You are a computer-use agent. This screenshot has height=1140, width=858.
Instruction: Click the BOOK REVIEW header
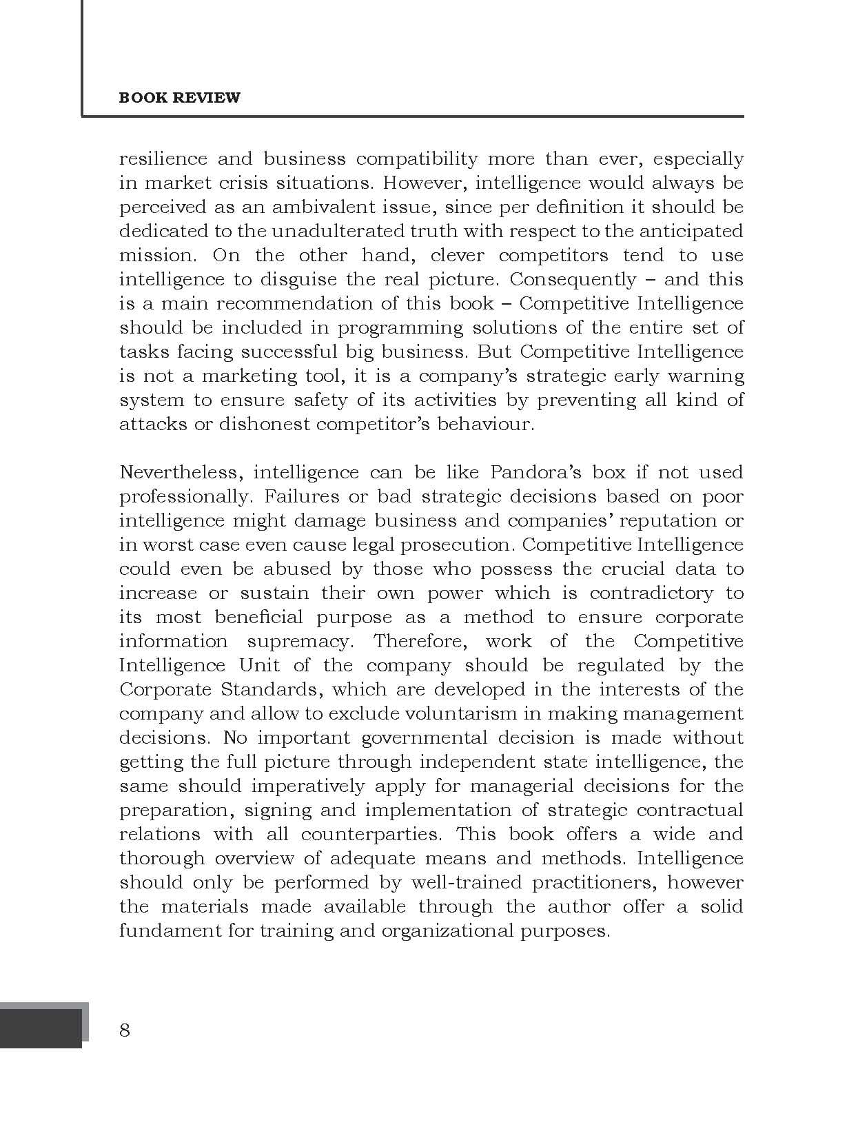pyautogui.click(x=179, y=97)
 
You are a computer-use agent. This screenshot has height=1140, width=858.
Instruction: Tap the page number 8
pyautogui.click(x=125, y=1030)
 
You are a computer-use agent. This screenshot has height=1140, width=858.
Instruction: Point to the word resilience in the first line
pyautogui.click(x=163, y=159)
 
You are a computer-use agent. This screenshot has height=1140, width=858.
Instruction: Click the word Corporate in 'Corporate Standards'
pyautogui.click(x=165, y=689)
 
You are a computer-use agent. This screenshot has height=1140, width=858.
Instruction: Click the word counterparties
pyautogui.click(x=371, y=834)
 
